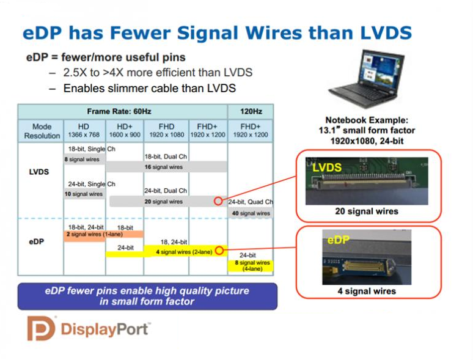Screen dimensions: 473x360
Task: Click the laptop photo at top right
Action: pyautogui.click(x=366, y=78)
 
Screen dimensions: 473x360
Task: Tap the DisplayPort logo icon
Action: pyautogui.click(x=42, y=328)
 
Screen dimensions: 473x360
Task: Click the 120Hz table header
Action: pyautogui.click(x=251, y=112)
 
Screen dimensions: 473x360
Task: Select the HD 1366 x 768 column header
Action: pyautogui.click(x=84, y=131)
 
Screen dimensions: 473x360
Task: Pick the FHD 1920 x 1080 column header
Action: pyautogui.click(x=166, y=131)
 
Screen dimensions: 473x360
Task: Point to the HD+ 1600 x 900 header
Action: pyautogui.click(x=125, y=131)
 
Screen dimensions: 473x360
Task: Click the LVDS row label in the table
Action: pyautogui.click(x=39, y=172)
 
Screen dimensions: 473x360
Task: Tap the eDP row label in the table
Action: pyautogui.click(x=37, y=241)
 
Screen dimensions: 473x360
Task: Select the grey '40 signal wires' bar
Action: pyautogui.click(x=251, y=213)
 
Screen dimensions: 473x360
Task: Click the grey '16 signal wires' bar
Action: pyautogui.click(x=166, y=167)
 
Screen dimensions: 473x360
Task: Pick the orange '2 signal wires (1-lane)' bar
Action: pyautogui.click(x=103, y=235)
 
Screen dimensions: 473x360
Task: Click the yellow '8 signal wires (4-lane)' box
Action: pyautogui.click(x=251, y=265)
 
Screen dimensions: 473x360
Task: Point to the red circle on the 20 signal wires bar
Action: pyautogui.click(x=218, y=201)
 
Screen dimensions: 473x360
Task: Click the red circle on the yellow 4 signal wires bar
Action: pyautogui.click(x=219, y=251)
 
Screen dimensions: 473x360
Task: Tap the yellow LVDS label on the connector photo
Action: pyautogui.click(x=327, y=167)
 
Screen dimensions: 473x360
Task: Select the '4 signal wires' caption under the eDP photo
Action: pyautogui.click(x=367, y=291)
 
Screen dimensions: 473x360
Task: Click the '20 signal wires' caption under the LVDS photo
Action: pyautogui.click(x=367, y=211)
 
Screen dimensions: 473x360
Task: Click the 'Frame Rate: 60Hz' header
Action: pyautogui.click(x=119, y=112)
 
